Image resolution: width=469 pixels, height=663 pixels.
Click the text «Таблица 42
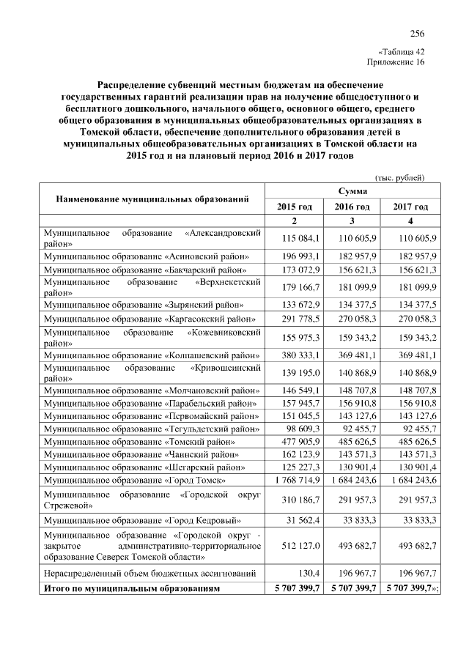(x=401, y=52)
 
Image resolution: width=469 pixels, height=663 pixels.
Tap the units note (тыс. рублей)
(x=399, y=177)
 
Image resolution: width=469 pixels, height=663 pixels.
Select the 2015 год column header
(x=293, y=207)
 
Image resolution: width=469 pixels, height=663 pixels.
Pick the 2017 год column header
(x=410, y=207)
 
